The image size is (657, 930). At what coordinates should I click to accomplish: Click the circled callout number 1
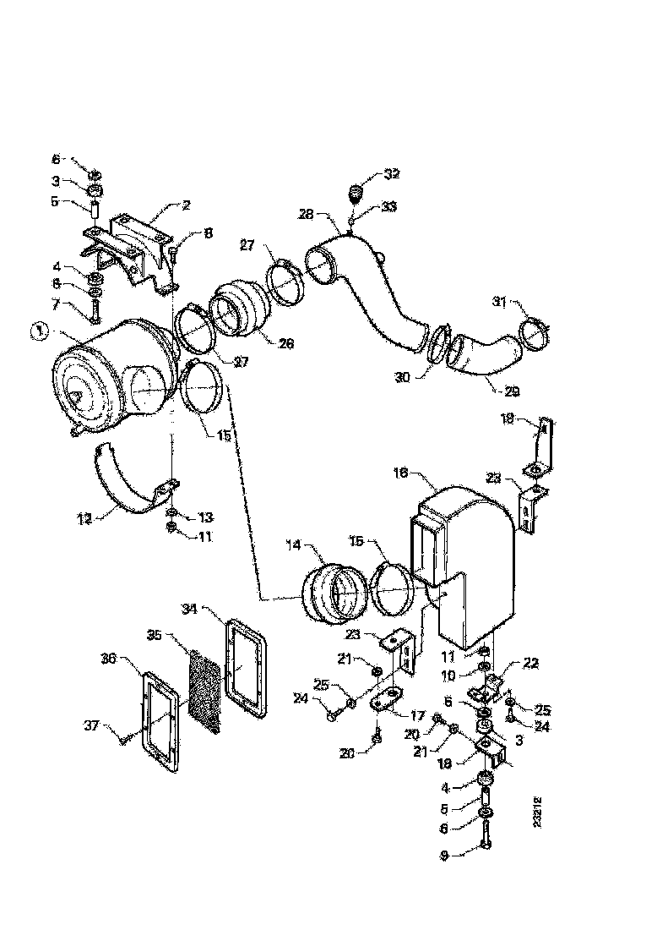37,332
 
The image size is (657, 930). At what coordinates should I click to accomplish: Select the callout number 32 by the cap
392,174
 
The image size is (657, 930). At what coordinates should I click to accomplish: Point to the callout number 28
305,215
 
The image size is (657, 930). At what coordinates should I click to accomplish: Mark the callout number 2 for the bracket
186,205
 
